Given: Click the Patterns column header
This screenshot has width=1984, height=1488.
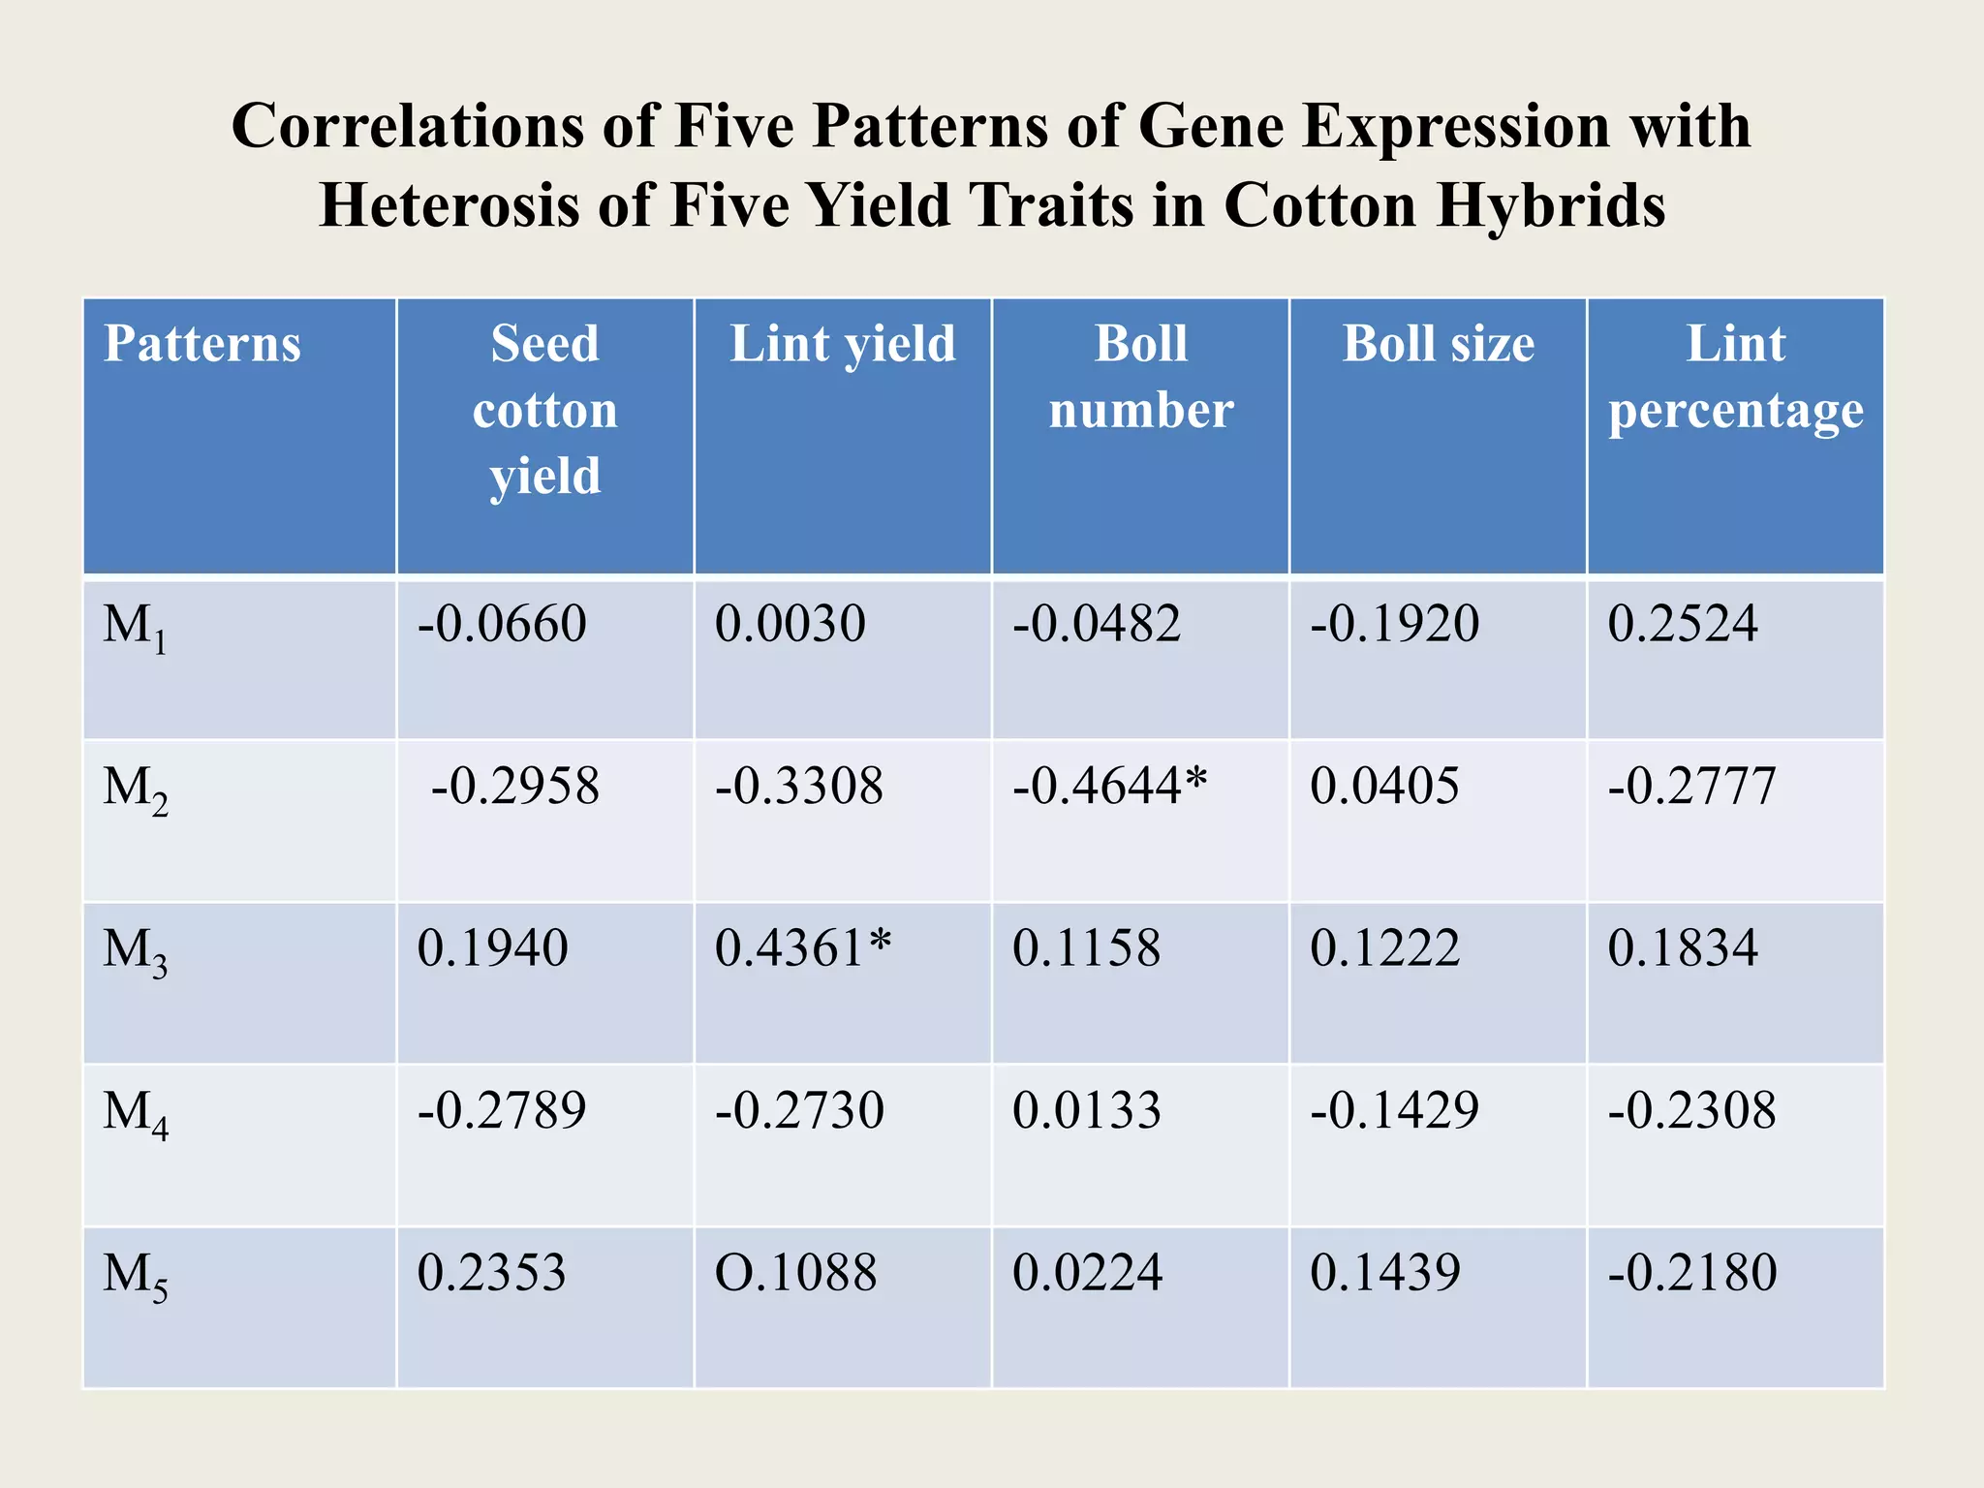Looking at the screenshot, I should point(202,345).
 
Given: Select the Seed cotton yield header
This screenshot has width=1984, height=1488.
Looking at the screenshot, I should point(544,409).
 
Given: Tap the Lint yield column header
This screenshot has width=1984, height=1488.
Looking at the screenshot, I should point(842,345).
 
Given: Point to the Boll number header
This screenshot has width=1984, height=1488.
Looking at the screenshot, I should point(1140,377).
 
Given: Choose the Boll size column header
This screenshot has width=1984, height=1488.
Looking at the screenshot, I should point(1438,345).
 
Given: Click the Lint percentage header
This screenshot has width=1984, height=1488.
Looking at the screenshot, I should point(1735,377).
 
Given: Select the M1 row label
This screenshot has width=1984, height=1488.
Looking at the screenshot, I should point(135,627).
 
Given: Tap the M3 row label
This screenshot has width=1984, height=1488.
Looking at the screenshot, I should point(135,951).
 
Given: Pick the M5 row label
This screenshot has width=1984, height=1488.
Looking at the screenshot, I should point(135,1276).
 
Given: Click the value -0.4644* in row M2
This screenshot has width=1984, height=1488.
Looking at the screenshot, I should point(1109,786).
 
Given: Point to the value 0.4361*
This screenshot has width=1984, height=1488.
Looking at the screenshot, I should point(802,948).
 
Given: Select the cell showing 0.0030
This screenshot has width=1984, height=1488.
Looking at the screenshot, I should point(790,624).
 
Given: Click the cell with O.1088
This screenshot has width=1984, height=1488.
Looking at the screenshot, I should point(795,1273).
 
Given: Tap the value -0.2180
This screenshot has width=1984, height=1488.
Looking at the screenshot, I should point(1691,1273).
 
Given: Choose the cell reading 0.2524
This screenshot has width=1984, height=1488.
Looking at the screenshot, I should point(1682,624).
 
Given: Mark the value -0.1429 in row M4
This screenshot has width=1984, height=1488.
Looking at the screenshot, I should point(1394,1110).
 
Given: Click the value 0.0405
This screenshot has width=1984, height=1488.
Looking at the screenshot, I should point(1384,786).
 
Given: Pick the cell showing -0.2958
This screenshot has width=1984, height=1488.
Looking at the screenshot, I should point(514,786).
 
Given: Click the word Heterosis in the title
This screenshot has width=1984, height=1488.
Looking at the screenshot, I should point(449,205).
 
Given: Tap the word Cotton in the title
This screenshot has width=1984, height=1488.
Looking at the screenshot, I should point(1319,205).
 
